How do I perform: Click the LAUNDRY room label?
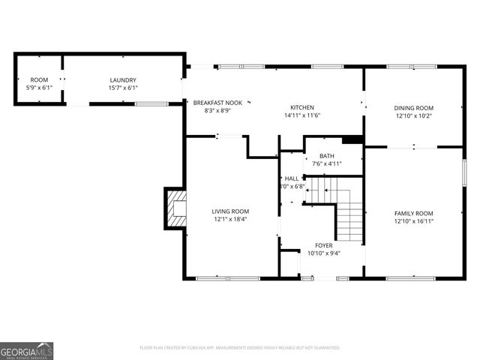click(123, 80)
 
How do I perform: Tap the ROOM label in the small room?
click(39, 80)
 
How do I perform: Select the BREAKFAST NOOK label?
click(217, 102)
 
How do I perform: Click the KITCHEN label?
click(302, 107)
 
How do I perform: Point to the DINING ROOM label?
click(414, 108)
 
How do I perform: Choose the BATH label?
click(326, 156)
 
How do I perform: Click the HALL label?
click(292, 178)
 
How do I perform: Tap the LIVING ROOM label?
click(229, 211)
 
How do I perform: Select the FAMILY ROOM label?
click(414, 213)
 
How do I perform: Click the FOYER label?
click(324, 245)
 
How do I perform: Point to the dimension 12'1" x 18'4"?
click(229, 220)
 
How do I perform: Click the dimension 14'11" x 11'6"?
click(302, 115)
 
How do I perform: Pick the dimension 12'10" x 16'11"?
click(414, 221)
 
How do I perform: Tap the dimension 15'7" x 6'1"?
click(123, 88)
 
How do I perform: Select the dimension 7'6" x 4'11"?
click(326, 164)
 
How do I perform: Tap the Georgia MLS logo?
click(27, 350)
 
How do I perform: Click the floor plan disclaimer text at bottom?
click(240, 348)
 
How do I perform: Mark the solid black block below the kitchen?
click(352, 139)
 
